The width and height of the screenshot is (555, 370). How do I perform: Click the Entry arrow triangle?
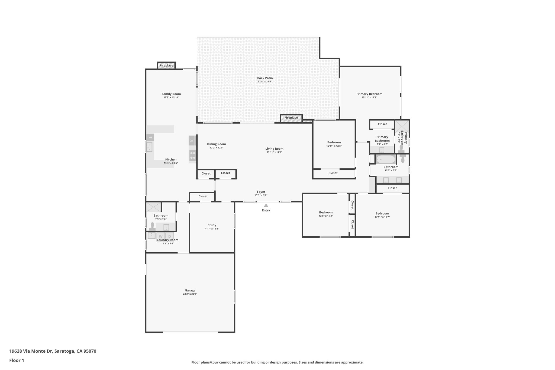click(266, 205)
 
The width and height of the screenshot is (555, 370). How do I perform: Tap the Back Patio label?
click(265, 78)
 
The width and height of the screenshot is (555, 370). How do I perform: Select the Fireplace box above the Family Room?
click(166, 66)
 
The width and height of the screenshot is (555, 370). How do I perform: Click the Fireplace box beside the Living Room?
click(291, 118)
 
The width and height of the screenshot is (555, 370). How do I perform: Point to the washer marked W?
click(161, 236)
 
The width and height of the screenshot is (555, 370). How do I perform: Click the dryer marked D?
click(170, 236)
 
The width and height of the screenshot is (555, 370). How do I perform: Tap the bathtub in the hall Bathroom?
click(385, 159)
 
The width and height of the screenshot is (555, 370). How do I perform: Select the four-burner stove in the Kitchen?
click(193, 155)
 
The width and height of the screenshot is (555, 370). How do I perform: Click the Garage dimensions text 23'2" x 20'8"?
click(190, 294)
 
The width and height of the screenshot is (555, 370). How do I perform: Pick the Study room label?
click(212, 225)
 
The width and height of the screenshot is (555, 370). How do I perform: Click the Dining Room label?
click(216, 144)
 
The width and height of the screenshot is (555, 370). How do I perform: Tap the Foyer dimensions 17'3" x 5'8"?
click(261, 195)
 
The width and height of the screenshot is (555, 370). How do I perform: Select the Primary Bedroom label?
click(369, 94)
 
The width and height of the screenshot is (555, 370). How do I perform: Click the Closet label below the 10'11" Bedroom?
click(333, 173)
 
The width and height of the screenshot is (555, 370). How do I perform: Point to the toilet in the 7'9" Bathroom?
click(152, 226)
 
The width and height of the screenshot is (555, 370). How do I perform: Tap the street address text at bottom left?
click(53, 351)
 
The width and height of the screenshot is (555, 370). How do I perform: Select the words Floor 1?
click(17, 360)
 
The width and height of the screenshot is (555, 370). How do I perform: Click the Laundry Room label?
click(167, 240)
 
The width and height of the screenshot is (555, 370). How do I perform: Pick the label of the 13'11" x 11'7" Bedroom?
click(382, 213)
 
